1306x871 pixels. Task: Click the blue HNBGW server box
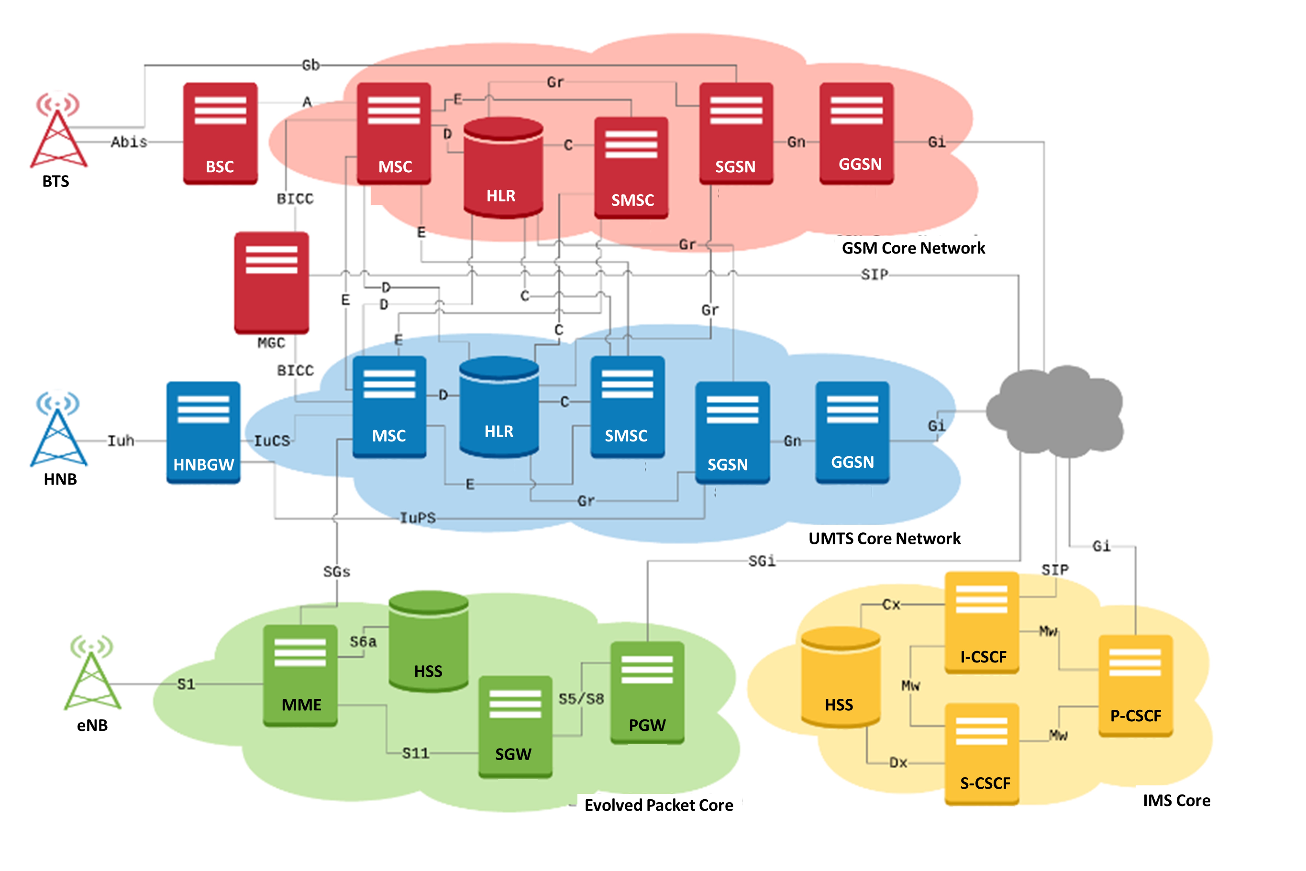pos(203,432)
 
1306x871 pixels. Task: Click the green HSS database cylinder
pos(428,642)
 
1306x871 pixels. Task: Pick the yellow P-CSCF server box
pos(1135,686)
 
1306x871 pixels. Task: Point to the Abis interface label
pos(129,142)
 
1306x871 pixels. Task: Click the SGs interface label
pos(337,572)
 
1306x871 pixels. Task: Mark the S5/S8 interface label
pos(581,699)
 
